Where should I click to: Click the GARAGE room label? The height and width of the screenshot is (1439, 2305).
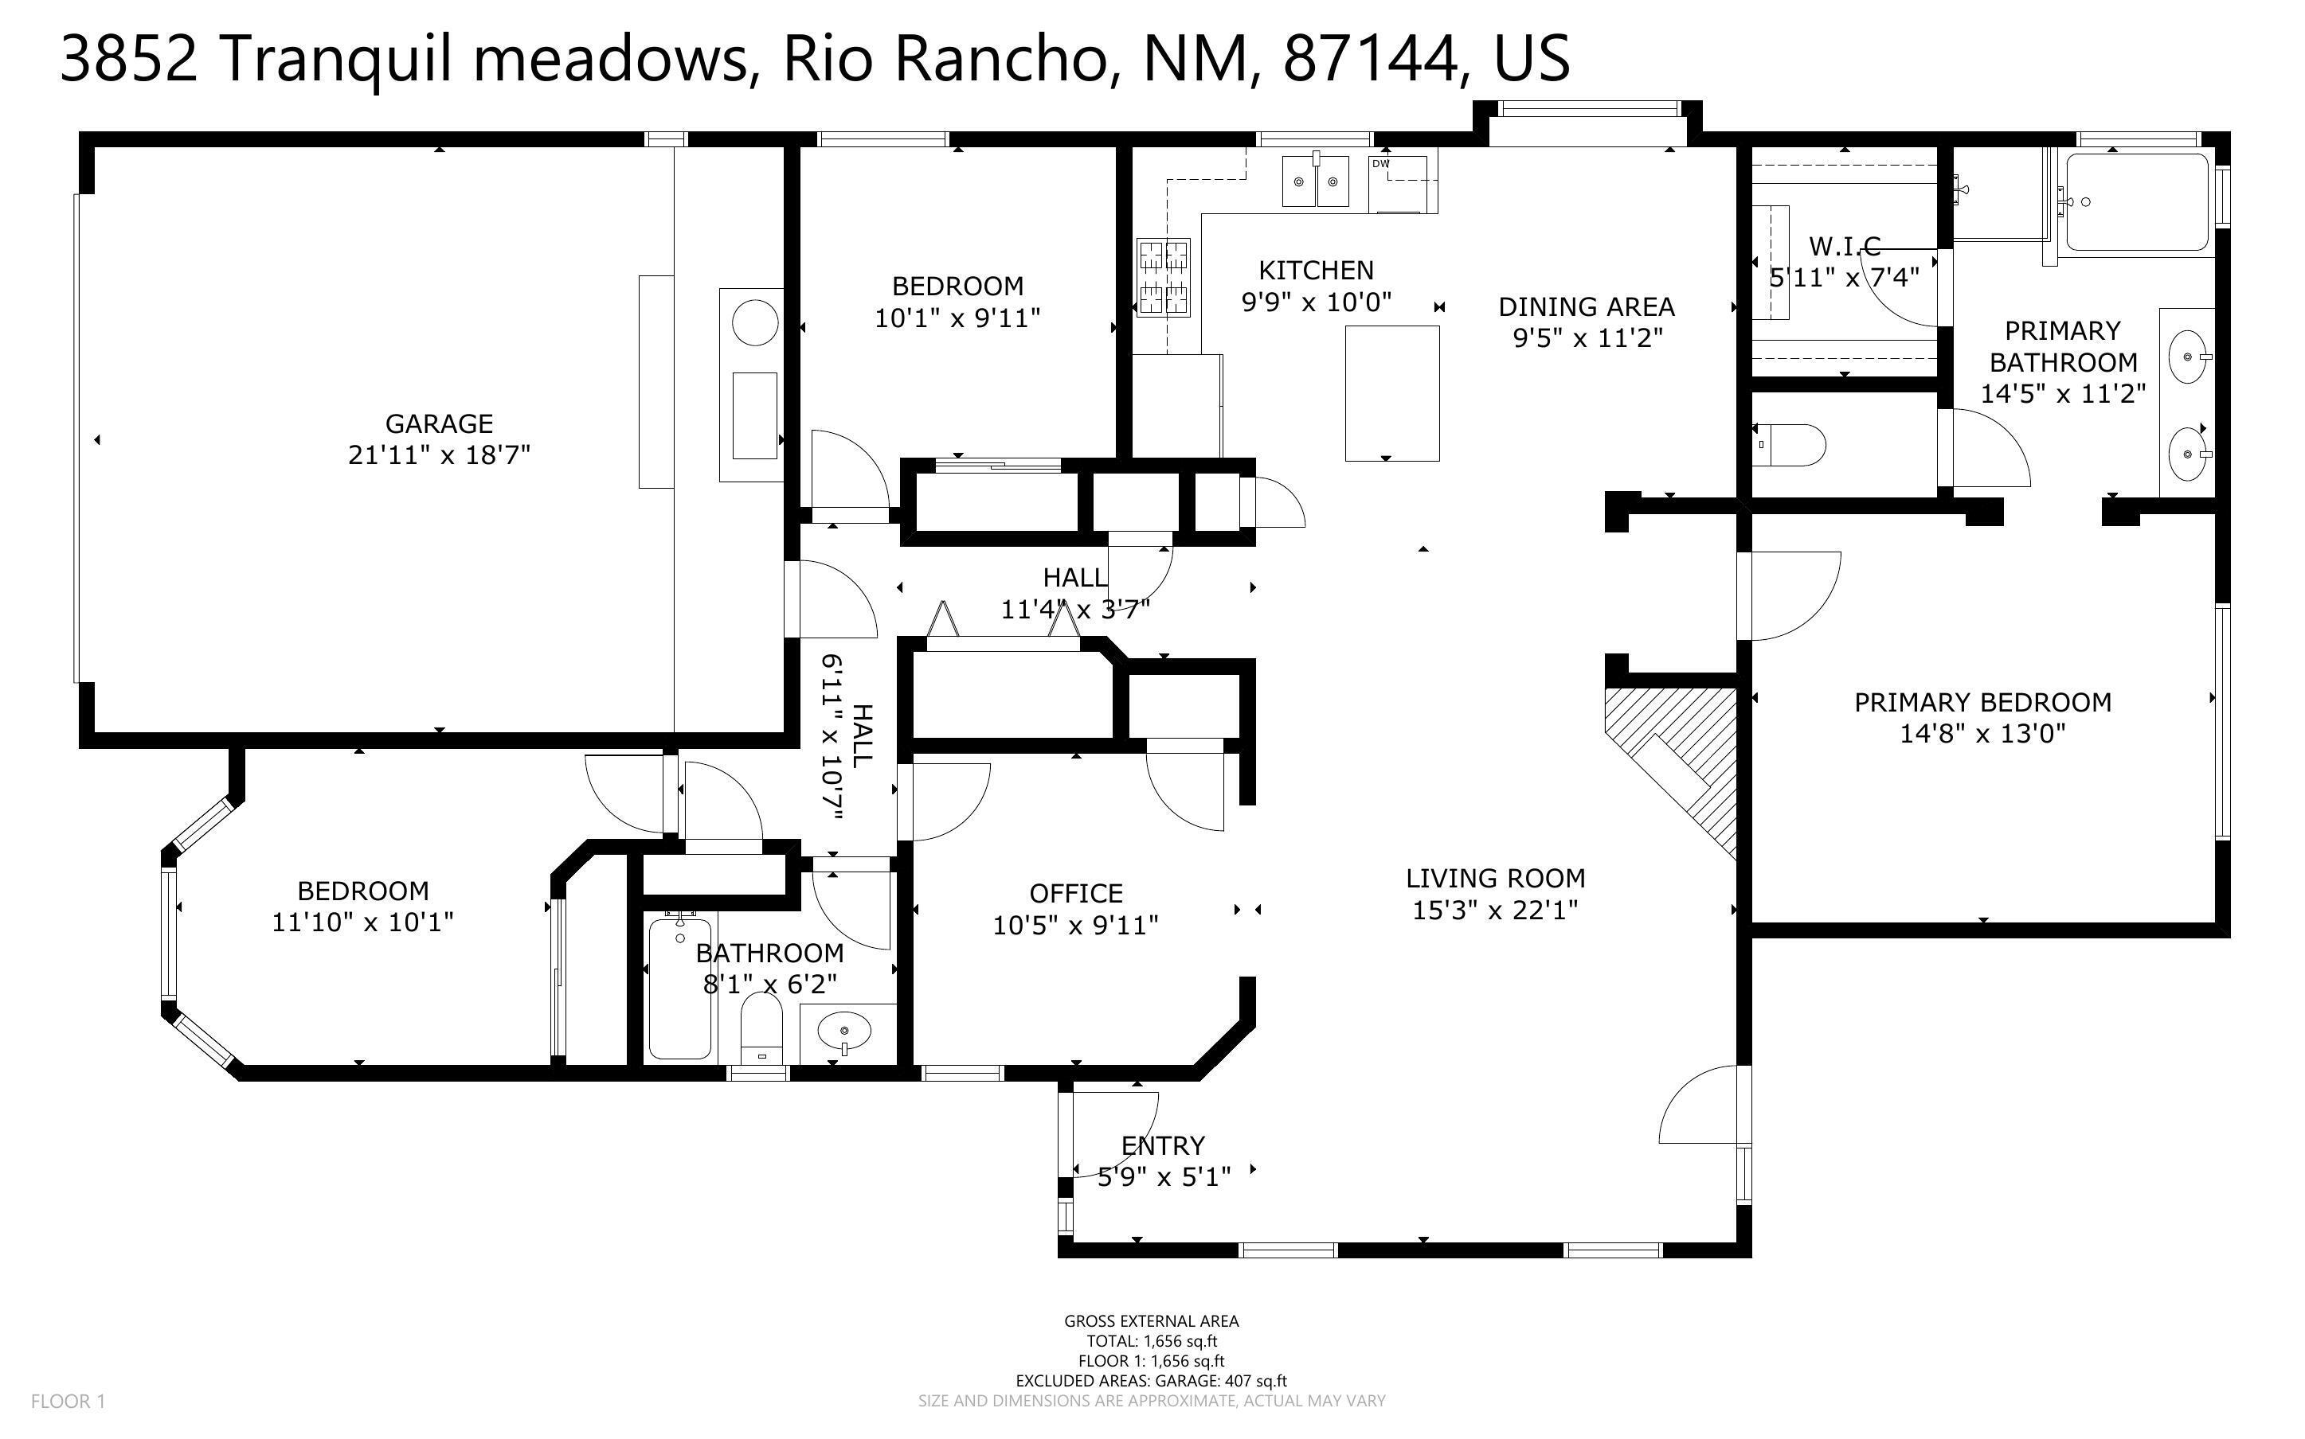click(x=439, y=423)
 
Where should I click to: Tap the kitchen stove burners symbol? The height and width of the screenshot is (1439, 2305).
click(x=1164, y=276)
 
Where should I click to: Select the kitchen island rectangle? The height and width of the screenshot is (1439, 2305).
click(x=1391, y=393)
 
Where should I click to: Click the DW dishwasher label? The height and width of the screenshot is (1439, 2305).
click(x=1380, y=165)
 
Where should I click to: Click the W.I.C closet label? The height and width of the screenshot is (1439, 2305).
click(x=1844, y=247)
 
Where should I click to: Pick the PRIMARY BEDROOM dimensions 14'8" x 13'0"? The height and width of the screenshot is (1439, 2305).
click(x=1982, y=734)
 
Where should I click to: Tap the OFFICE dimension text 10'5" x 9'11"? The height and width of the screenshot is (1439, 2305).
click(x=1075, y=925)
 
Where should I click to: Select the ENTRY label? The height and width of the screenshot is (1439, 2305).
click(x=1163, y=1146)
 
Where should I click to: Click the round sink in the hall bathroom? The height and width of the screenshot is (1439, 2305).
click(x=844, y=1031)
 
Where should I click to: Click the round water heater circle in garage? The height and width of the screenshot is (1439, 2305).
click(x=755, y=322)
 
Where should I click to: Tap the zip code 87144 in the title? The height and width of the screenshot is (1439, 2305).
click(x=1369, y=59)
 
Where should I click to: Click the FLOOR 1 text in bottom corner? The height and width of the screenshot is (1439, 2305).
click(x=68, y=1401)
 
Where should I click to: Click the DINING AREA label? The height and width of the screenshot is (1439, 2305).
click(x=1586, y=307)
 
